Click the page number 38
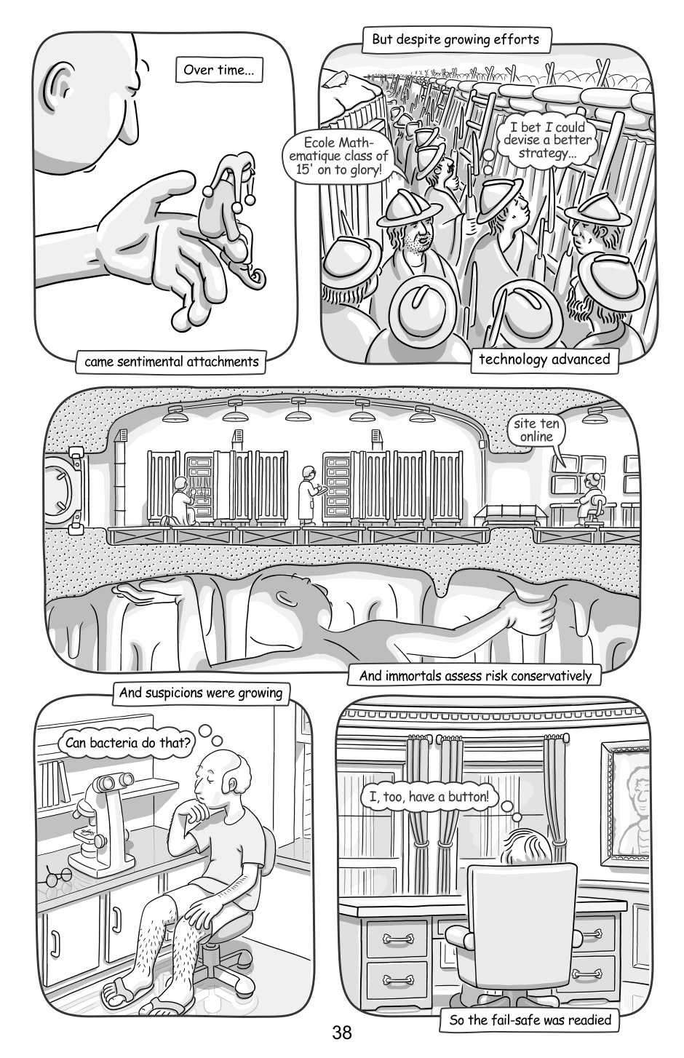[x=341, y=1033]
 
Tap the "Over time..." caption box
[x=219, y=70]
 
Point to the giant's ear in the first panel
[x=58, y=87]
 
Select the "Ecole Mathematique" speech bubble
[x=338, y=156]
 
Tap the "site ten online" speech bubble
[x=536, y=430]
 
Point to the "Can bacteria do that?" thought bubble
[x=127, y=742]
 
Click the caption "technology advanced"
[x=544, y=359]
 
